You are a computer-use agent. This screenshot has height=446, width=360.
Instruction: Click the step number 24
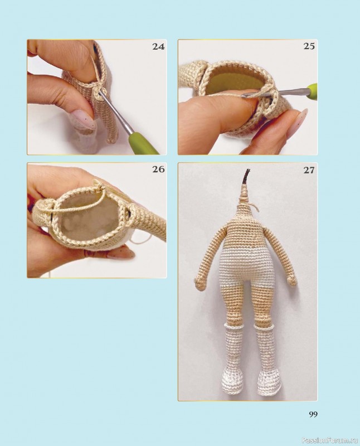tap(158, 46)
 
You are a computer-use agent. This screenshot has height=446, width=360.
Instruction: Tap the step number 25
tap(309, 46)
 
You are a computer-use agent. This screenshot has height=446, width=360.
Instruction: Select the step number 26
tap(158, 169)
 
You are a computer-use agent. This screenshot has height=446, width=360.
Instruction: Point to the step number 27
tap(309, 170)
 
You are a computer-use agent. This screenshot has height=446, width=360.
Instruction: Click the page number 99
tap(313, 414)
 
